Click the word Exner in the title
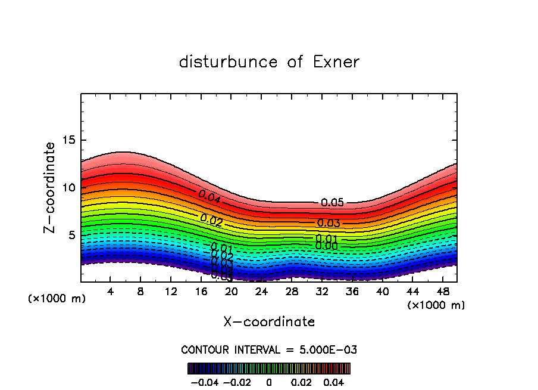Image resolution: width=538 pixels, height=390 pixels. click(336, 62)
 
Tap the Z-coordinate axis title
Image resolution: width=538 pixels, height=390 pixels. click(51, 187)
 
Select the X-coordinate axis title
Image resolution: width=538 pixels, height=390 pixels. click(269, 322)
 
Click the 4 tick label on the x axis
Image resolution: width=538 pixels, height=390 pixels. click(111, 292)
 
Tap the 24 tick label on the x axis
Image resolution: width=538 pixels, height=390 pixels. click(261, 292)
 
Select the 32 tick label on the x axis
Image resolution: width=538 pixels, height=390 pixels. click(321, 292)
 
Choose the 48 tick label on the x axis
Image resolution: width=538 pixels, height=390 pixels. click(442, 292)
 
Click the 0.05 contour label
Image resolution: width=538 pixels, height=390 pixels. click(332, 203)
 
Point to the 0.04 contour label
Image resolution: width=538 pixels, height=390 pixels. click(209, 197)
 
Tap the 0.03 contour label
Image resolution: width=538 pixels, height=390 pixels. click(328, 224)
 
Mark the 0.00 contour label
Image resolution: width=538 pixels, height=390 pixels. click(326, 246)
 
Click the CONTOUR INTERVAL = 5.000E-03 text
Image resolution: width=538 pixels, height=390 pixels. click(269, 349)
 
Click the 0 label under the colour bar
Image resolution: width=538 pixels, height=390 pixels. click(269, 381)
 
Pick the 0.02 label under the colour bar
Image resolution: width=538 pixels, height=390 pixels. click(301, 381)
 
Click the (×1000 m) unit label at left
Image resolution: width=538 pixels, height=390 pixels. click(57, 299)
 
